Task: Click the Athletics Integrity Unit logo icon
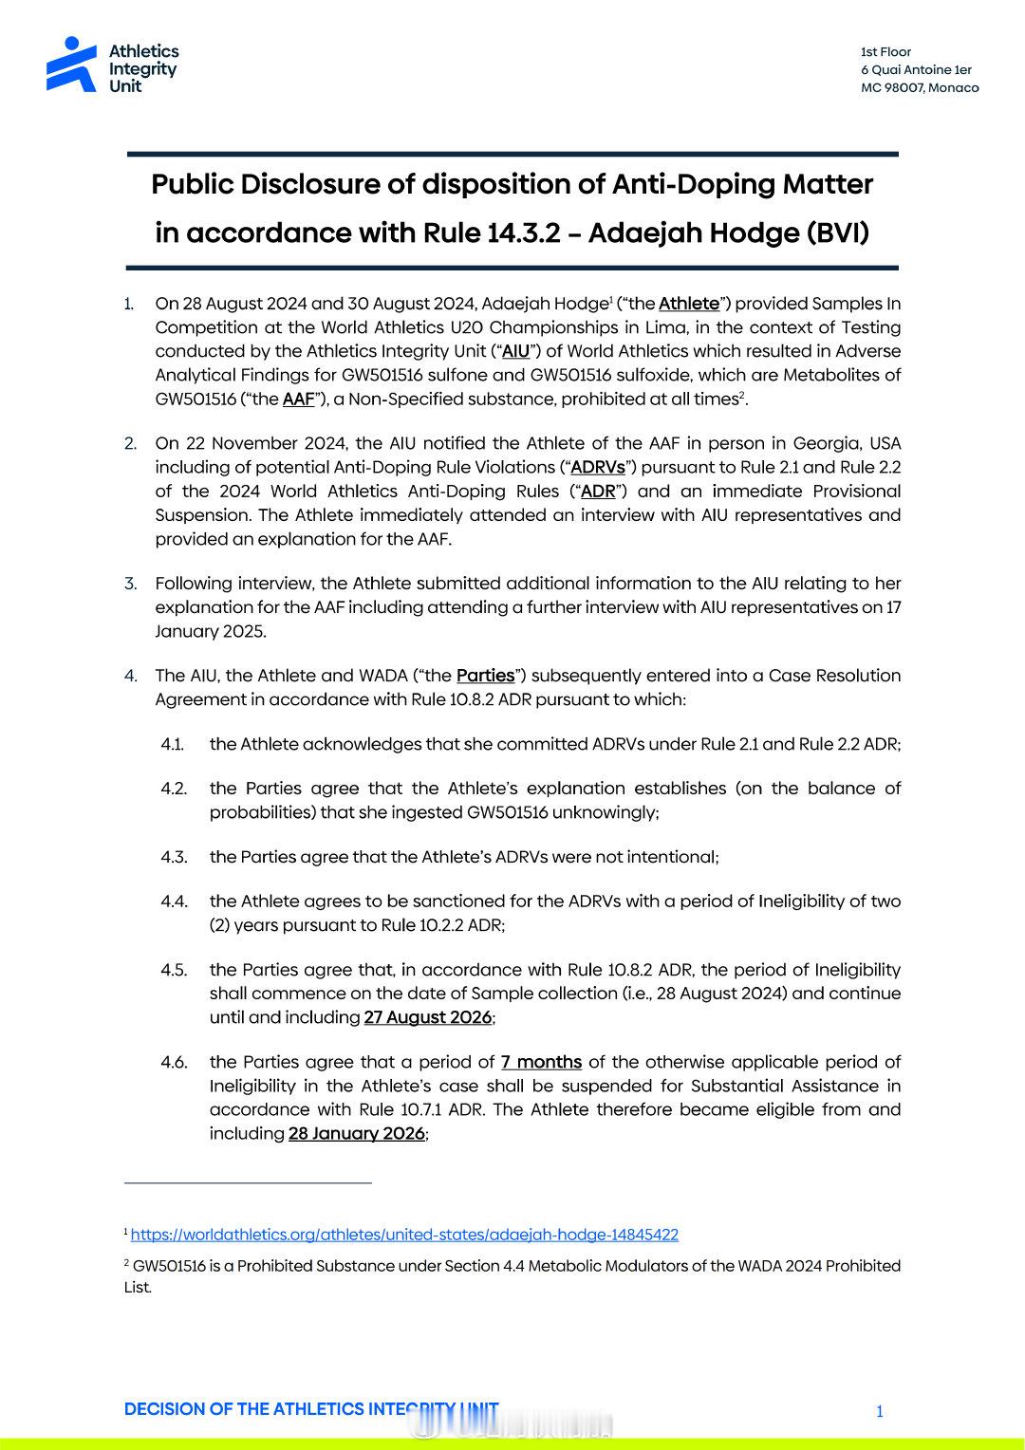coord(71,65)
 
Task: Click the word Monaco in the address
coord(954,88)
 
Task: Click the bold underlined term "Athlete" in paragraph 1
coord(689,304)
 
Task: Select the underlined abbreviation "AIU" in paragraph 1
coord(515,351)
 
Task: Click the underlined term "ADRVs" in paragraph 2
coord(598,467)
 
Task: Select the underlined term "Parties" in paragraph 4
coord(485,676)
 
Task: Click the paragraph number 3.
coord(130,584)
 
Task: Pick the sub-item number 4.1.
coord(172,745)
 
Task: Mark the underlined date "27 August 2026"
coord(427,1017)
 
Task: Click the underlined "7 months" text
coord(541,1062)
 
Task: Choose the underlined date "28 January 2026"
coord(357,1134)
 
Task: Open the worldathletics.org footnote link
coord(404,1235)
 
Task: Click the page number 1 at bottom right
coord(880,1412)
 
